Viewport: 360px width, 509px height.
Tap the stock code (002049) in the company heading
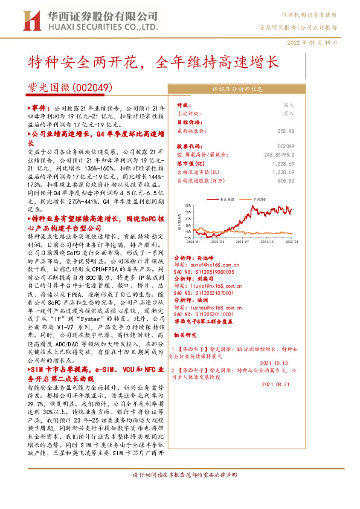coord(91,88)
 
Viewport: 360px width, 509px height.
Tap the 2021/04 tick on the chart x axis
coord(220,241)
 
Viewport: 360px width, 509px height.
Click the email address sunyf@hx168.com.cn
coord(213,264)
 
